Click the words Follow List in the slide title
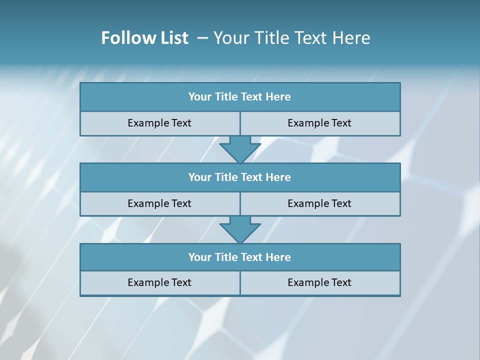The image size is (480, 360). pos(145,38)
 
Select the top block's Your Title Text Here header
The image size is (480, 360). pos(240,97)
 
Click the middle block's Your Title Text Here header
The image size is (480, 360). pos(240,177)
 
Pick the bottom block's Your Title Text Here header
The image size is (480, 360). pos(240,257)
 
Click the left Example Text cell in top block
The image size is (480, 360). pos(159,123)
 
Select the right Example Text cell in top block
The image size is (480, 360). pos(319,123)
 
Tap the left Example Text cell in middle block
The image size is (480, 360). pos(159,203)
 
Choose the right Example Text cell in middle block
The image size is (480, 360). pos(319,203)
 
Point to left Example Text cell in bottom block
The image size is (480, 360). pos(159,282)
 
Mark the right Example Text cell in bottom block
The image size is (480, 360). pos(319,282)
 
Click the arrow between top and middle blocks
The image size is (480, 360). pos(240,149)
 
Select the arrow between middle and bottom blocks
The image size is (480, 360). pos(240,229)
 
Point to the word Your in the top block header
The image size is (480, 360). pos(200,97)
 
